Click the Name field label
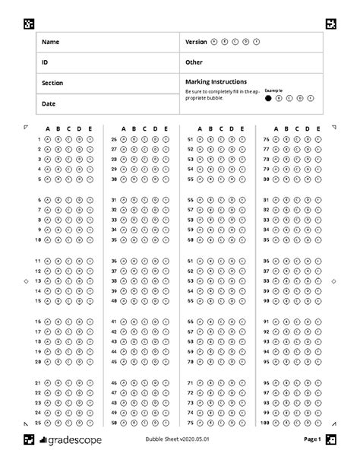49,42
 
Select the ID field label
45,62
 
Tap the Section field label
52,82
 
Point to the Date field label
49,103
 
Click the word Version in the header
196,42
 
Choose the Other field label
194,62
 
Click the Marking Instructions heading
216,81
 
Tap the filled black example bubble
269,98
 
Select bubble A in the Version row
214,42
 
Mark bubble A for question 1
47,140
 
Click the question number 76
266,140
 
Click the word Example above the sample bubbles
273,90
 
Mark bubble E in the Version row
257,42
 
